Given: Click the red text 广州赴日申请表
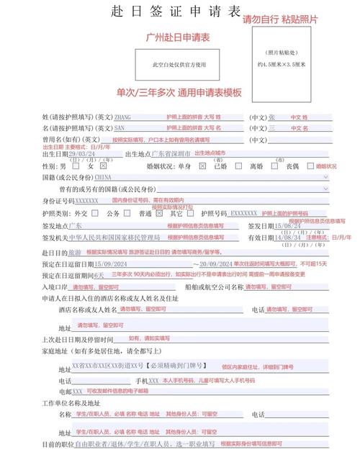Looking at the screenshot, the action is [x=178, y=37].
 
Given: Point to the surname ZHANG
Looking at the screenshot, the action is [x=123, y=117].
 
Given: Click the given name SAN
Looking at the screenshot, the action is [x=120, y=128].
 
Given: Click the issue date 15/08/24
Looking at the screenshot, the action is [x=288, y=225].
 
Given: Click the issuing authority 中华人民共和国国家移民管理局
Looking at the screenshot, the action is [x=120, y=237].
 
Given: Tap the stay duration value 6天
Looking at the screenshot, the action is [x=99, y=276].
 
